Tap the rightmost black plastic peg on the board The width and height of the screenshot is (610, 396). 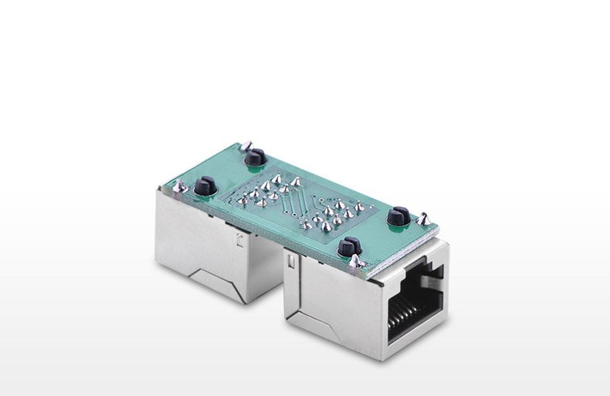pyautogui.click(x=399, y=216)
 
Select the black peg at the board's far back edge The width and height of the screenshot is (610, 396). pyautogui.click(x=255, y=157)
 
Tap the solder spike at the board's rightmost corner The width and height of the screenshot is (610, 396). pyautogui.click(x=423, y=218)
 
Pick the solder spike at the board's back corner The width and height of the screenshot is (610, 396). pyautogui.click(x=245, y=145)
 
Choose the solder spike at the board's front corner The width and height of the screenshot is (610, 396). pyautogui.click(x=357, y=262)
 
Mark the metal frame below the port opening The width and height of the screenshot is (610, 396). pyautogui.click(x=413, y=347)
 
